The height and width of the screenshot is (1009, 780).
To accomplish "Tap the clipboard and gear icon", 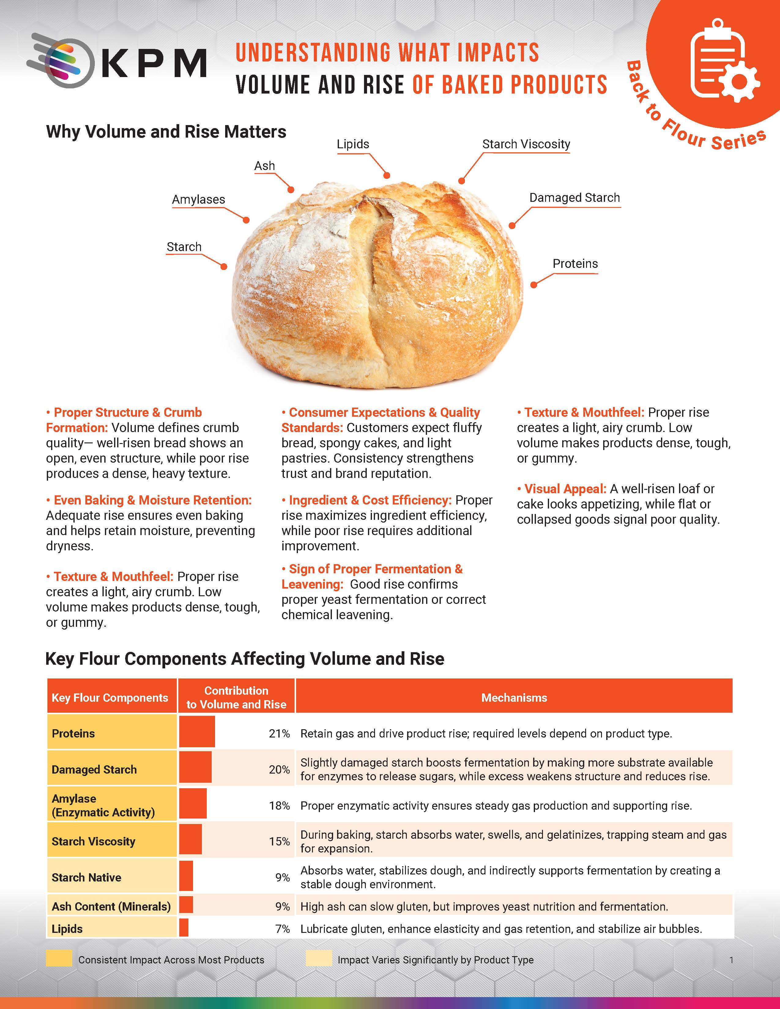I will [723, 60].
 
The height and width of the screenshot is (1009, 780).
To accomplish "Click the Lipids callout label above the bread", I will [353, 144].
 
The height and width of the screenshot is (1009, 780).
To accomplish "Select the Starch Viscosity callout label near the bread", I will [526, 144].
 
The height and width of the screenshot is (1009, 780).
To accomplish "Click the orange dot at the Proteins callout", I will [534, 285].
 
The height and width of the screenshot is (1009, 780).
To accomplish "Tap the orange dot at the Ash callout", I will [291, 190].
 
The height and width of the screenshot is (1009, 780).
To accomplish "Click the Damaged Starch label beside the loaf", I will [574, 198].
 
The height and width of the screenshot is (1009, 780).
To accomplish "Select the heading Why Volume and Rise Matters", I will [166, 132].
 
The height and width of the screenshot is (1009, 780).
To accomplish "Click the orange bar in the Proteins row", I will [197, 731].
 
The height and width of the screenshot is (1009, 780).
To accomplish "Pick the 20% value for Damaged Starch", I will [279, 770].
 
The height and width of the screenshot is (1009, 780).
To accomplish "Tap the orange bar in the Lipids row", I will [184, 928].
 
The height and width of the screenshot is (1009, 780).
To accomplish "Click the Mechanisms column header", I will [514, 698].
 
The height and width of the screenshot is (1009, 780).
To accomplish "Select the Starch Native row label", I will [86, 877].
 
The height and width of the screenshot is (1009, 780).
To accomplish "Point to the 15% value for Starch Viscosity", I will [279, 841].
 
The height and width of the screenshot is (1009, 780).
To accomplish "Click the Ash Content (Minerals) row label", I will [111, 907].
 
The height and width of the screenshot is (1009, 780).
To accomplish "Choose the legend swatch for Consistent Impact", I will [59, 958].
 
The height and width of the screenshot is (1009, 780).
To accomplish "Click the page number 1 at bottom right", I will [731, 960].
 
